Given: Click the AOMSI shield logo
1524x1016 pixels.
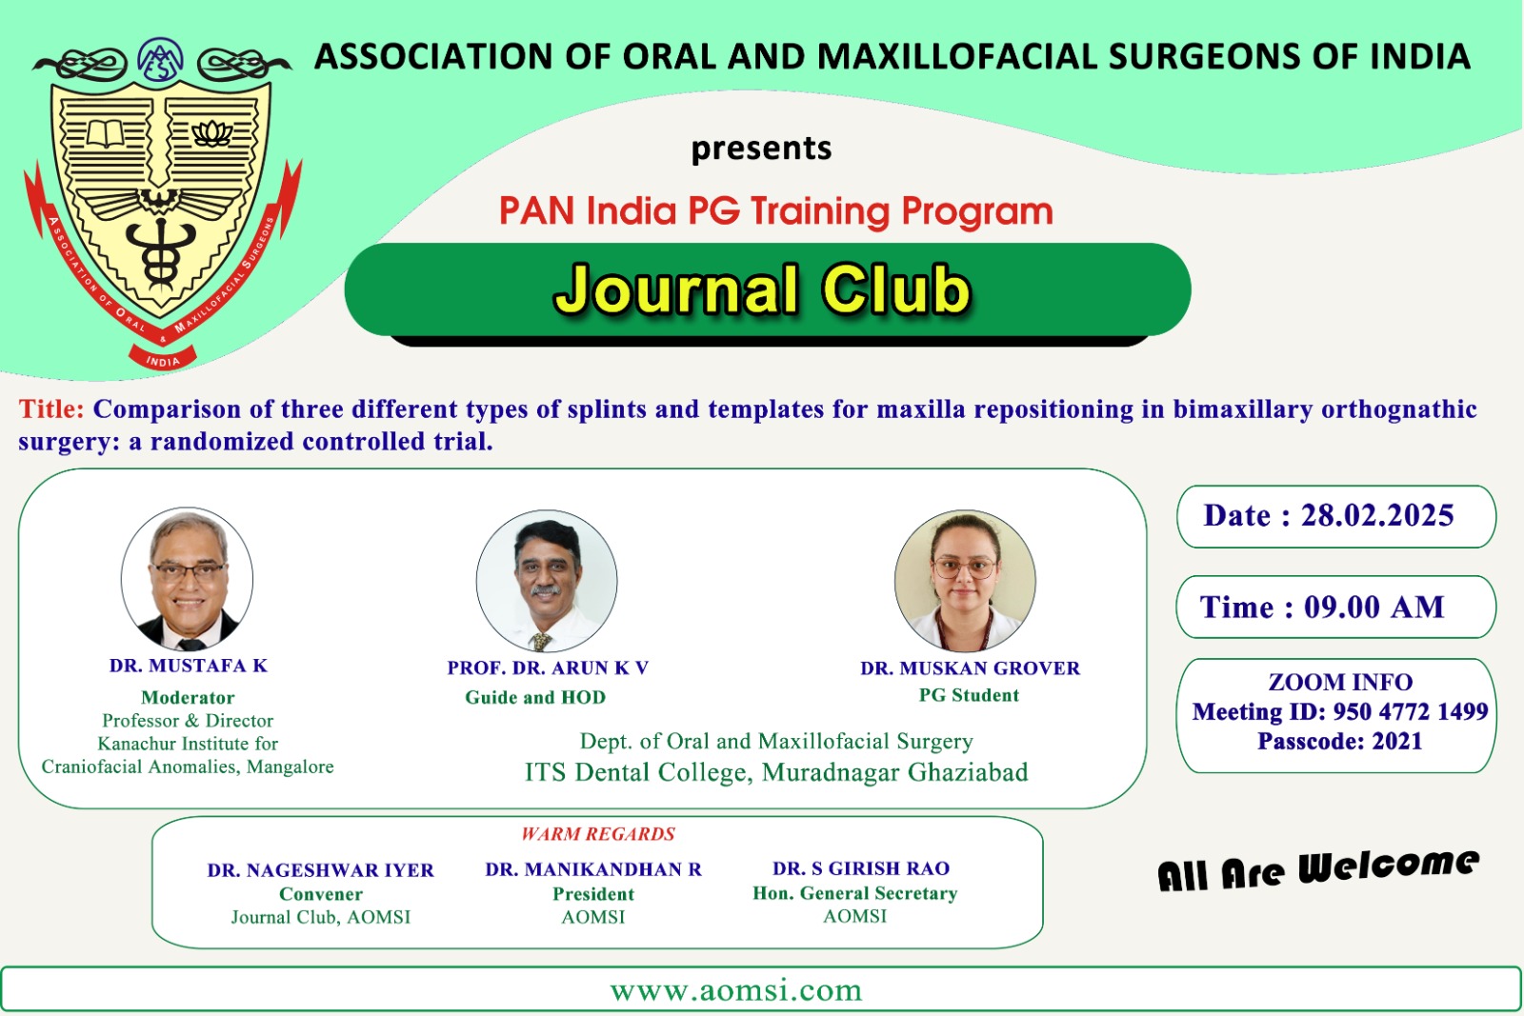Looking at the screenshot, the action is click(x=162, y=204).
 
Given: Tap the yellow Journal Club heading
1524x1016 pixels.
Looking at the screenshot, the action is click(x=763, y=290).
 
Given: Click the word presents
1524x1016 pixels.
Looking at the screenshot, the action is click(x=761, y=149).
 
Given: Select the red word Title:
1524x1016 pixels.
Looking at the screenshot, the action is click(x=51, y=409).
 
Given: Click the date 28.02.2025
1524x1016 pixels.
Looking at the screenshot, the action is click(x=1377, y=515).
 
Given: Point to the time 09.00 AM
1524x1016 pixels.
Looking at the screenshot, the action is click(x=1374, y=608).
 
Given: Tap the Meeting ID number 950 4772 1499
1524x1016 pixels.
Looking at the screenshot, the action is click(x=1411, y=711).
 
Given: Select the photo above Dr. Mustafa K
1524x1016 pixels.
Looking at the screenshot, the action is click(x=187, y=578).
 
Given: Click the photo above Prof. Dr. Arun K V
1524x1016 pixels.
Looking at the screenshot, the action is click(x=547, y=581).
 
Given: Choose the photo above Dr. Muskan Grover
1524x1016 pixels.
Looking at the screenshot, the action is click(x=966, y=581).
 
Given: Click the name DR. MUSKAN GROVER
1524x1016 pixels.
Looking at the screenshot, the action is click(x=971, y=668).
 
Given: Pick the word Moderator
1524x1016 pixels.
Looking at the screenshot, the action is click(x=188, y=697).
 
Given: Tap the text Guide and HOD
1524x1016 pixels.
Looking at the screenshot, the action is click(x=535, y=697).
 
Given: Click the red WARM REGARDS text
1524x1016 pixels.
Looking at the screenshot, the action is click(x=598, y=834).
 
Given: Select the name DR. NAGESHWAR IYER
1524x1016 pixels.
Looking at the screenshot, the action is click(x=320, y=870).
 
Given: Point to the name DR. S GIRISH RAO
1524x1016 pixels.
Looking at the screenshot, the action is click(x=861, y=868).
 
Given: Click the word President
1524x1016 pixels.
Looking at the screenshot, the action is click(x=593, y=893).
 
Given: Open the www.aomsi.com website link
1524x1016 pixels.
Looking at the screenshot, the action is click(x=736, y=990).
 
